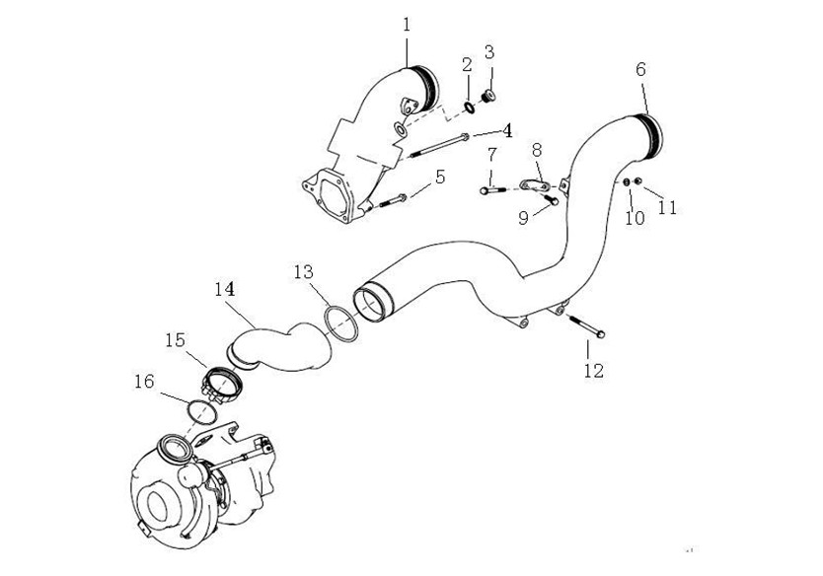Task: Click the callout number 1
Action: pos(408,23)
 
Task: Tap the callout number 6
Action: pos(640,69)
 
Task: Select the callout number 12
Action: pos(592,371)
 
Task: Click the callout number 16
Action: pos(145,381)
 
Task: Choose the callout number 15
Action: pos(175,339)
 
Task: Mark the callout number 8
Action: pos(537,150)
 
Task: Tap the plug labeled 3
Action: pos(486,96)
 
